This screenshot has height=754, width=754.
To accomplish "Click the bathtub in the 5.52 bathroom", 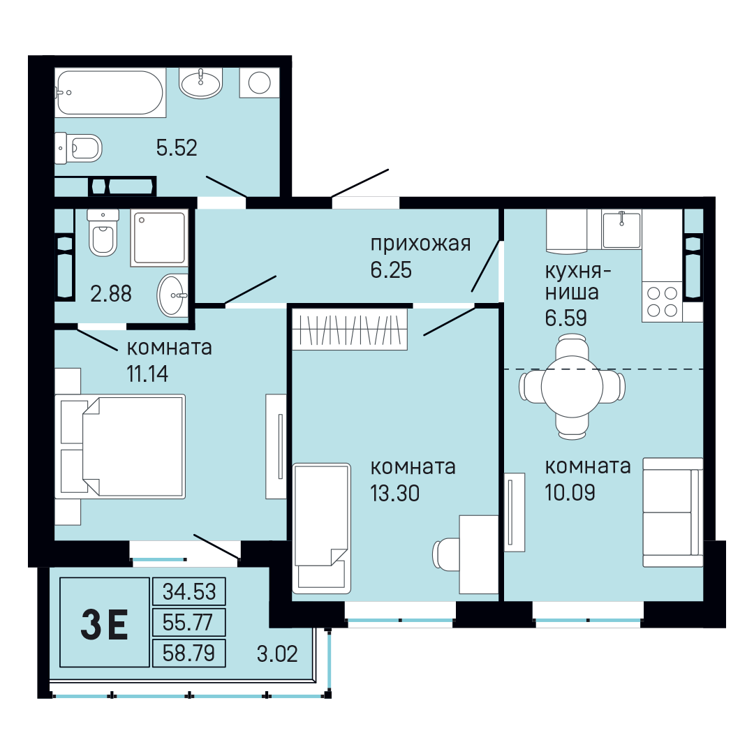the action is (110, 92).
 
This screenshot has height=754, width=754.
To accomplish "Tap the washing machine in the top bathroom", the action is (260, 82).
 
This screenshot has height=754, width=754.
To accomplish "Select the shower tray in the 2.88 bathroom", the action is (159, 237).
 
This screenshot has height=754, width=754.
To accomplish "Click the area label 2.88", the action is (111, 294).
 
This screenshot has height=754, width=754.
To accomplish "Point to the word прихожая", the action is (420, 244).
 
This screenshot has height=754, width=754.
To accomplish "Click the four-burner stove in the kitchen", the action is (662, 302).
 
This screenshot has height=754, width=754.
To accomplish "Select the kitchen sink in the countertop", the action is (621, 230).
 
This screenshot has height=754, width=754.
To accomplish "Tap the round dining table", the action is (572, 387).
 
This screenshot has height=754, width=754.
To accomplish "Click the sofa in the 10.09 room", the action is (673, 512).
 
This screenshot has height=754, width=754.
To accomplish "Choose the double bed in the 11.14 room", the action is (120, 446).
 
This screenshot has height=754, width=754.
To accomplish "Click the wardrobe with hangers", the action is (350, 329).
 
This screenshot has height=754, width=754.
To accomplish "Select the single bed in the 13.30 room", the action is (322, 528).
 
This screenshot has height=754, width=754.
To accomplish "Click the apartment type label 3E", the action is (104, 624).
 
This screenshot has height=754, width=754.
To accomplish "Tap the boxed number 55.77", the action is (188, 622).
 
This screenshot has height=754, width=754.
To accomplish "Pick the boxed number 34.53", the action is (189, 591).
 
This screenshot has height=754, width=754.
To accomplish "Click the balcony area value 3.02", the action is (277, 654).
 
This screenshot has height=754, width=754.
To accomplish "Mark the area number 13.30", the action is (394, 494).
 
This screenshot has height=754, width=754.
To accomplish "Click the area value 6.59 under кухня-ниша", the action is (565, 318).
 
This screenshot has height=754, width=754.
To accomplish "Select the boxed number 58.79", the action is (188, 653).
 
